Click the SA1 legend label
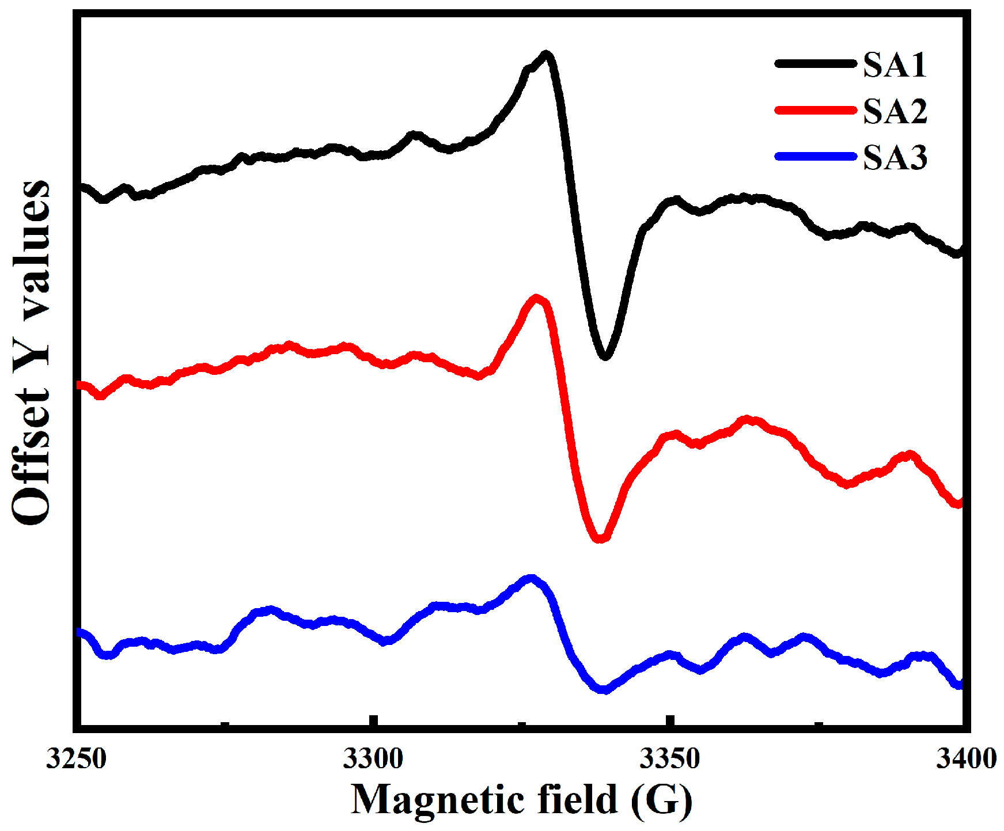pos(895,64)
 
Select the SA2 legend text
pos(895,111)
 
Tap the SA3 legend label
pos(895,157)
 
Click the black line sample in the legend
pos(815,64)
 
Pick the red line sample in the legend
pos(815,110)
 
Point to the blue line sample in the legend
pos(815,156)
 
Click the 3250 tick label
pos(77,759)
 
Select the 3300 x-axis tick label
pos(373,759)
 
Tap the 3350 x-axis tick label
pos(669,759)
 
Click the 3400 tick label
pos(966,759)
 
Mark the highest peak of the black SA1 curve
pos(546,55)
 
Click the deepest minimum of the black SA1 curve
pos(605,356)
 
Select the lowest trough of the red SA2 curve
pos(600,538)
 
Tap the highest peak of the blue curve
pos(531,578)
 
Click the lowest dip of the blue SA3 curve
pos(603,689)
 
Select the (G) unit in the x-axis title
pos(661,800)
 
